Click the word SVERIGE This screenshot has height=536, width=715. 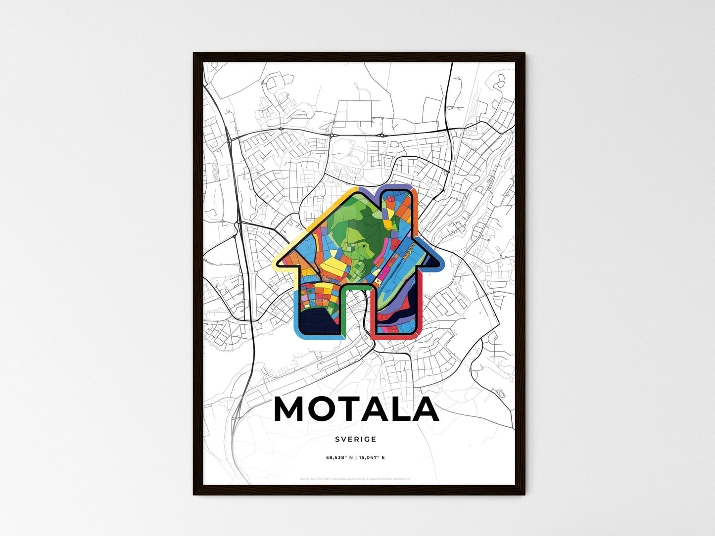(x=355, y=439)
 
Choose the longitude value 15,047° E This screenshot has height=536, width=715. (x=372, y=457)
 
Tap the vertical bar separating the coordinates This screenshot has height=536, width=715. (x=355, y=457)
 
